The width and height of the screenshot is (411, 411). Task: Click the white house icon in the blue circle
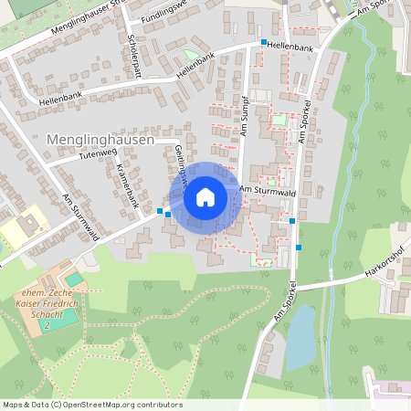point(205,196)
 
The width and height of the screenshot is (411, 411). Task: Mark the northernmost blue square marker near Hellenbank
point(264,43)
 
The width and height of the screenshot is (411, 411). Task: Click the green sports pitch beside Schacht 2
point(57,319)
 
